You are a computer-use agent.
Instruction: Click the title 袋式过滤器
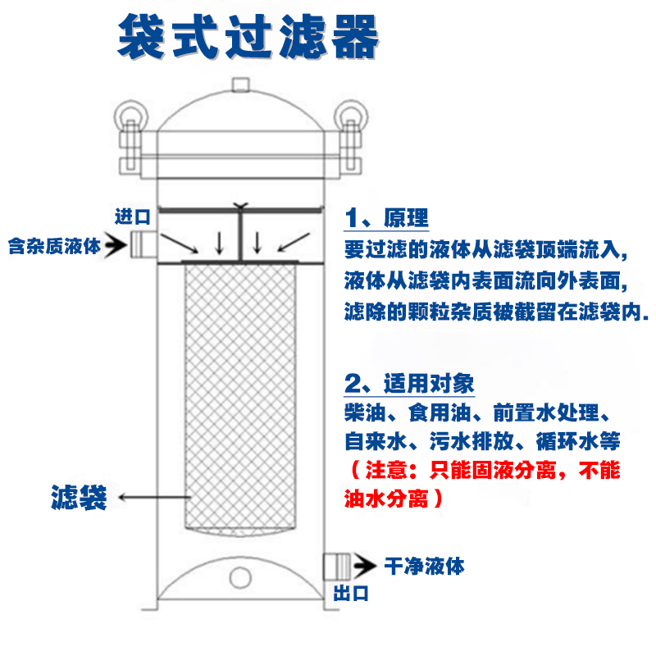pos(248,37)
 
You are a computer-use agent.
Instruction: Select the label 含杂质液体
pos(55,244)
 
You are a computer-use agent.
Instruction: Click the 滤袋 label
pos(79,496)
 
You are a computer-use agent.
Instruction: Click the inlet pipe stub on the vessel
pos(141,243)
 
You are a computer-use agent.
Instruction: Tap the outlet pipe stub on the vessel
pos(336,566)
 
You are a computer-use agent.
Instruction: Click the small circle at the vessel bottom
pos(239,577)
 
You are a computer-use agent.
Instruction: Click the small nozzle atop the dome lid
pos(239,84)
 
